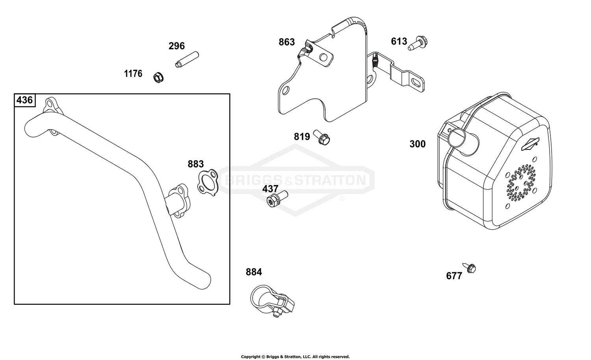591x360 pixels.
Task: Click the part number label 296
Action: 177,46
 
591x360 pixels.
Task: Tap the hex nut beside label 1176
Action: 158,77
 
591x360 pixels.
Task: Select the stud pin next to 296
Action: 187,59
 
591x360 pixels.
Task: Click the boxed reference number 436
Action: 24,100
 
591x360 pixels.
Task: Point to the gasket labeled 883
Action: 208,182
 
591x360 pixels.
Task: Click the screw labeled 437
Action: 277,199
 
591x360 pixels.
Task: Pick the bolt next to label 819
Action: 322,137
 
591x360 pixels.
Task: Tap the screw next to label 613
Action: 418,43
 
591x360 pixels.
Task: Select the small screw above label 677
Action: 469,268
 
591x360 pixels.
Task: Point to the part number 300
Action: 417,144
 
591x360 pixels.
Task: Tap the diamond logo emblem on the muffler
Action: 530,144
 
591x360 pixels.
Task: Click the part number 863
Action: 286,42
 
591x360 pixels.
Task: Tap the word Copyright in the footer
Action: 251,357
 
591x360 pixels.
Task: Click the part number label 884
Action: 254,272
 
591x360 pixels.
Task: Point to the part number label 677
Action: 454,276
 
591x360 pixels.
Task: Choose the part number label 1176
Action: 133,74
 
